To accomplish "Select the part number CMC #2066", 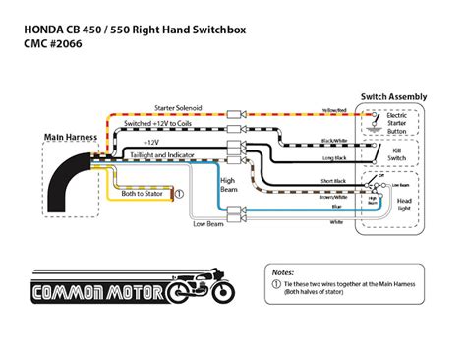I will click(x=54, y=30).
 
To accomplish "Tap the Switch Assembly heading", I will click(x=392, y=96).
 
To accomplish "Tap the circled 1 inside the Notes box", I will click(x=276, y=283).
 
